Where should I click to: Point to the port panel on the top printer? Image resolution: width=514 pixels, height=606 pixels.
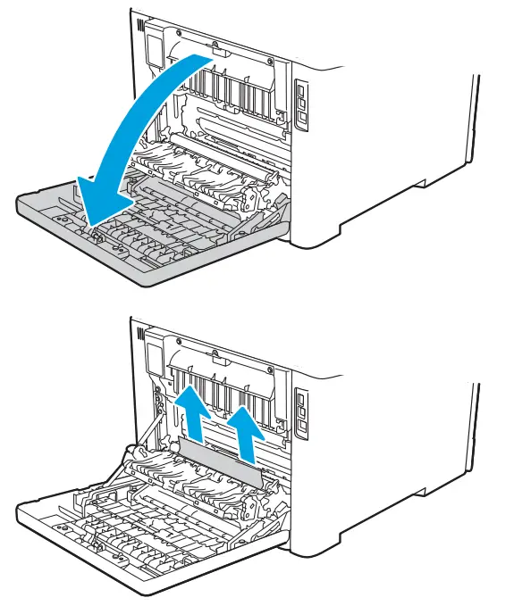click(301, 104)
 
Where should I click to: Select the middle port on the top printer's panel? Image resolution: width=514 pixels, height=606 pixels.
click(302, 104)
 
